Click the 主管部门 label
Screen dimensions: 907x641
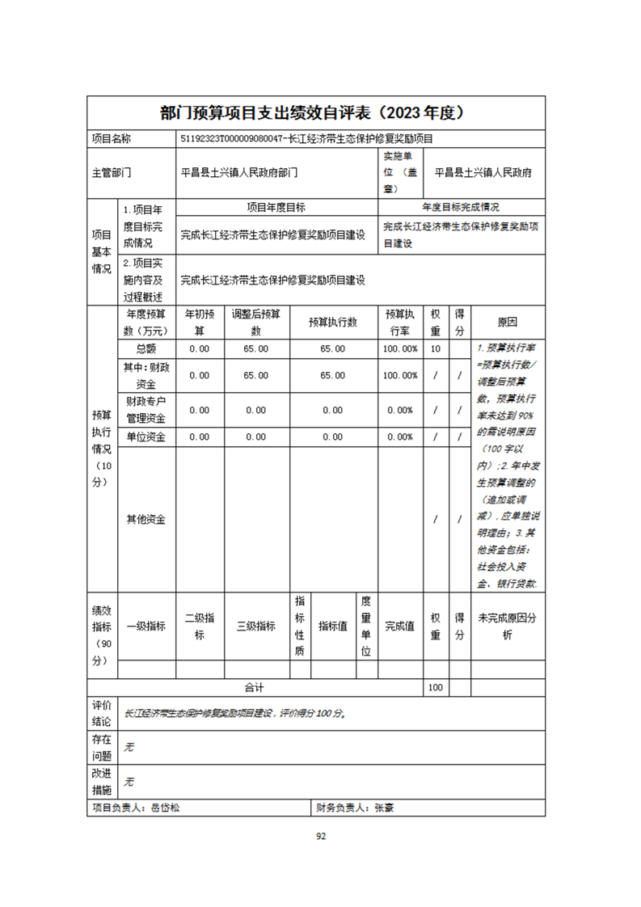(x=112, y=172)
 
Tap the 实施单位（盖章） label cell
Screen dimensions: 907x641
(x=400, y=171)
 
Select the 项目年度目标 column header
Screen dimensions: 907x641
(x=276, y=207)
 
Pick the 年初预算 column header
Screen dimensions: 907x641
(x=200, y=322)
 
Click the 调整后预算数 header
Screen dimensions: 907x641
(x=255, y=322)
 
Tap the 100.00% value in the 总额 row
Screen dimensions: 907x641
(x=400, y=348)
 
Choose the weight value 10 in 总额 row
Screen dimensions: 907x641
(x=436, y=348)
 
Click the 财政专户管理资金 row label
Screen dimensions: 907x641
(x=146, y=410)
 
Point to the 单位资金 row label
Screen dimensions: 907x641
(x=146, y=437)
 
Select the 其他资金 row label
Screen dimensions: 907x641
(x=146, y=519)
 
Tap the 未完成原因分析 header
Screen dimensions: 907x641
(x=507, y=626)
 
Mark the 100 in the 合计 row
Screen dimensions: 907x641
(x=436, y=687)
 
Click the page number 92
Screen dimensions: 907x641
(x=320, y=837)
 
